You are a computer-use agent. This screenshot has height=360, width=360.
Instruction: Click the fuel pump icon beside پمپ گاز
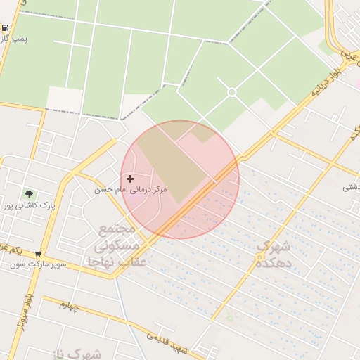point(6,28)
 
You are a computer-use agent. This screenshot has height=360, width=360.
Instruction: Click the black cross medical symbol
point(130,179)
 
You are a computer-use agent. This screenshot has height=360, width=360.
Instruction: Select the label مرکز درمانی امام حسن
point(131,191)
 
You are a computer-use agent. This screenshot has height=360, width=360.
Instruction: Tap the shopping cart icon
point(38,254)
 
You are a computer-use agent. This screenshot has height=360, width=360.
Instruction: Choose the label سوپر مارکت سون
point(38,265)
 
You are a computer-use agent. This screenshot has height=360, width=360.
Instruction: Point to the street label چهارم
point(74,306)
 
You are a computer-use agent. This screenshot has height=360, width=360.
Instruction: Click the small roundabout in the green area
point(231,92)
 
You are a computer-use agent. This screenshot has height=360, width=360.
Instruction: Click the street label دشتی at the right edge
point(351,187)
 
